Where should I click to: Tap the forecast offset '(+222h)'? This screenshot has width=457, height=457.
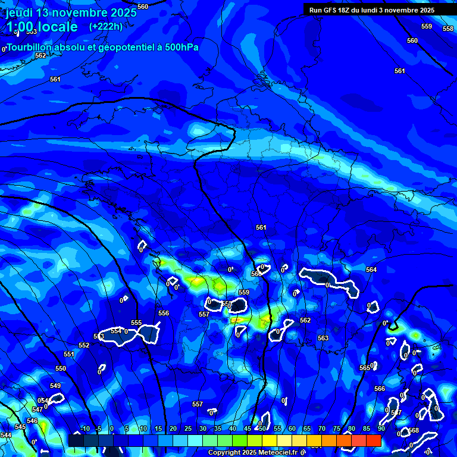click(x=106, y=27)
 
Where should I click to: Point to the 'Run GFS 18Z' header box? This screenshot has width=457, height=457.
click(x=372, y=10)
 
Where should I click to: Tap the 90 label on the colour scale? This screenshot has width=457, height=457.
click(x=381, y=429)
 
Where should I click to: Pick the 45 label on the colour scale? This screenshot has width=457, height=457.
click(x=248, y=429)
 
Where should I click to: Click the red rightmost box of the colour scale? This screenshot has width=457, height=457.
click(x=373, y=440)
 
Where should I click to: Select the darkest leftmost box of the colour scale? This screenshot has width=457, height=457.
click(x=76, y=440)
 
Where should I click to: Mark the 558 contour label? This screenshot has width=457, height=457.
click(x=448, y=29)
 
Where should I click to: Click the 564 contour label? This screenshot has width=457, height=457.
click(x=371, y=270)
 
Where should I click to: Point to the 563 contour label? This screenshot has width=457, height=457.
click(x=323, y=339)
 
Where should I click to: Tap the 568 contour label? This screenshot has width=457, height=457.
click(x=414, y=431)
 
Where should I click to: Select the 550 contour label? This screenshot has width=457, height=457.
click(x=61, y=369)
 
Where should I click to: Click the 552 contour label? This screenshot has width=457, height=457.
click(x=84, y=346)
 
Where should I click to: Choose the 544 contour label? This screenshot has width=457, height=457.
click(x=6, y=436)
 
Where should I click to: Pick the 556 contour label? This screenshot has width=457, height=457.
click(x=164, y=314)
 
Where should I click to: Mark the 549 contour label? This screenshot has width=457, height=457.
click(x=55, y=386)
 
